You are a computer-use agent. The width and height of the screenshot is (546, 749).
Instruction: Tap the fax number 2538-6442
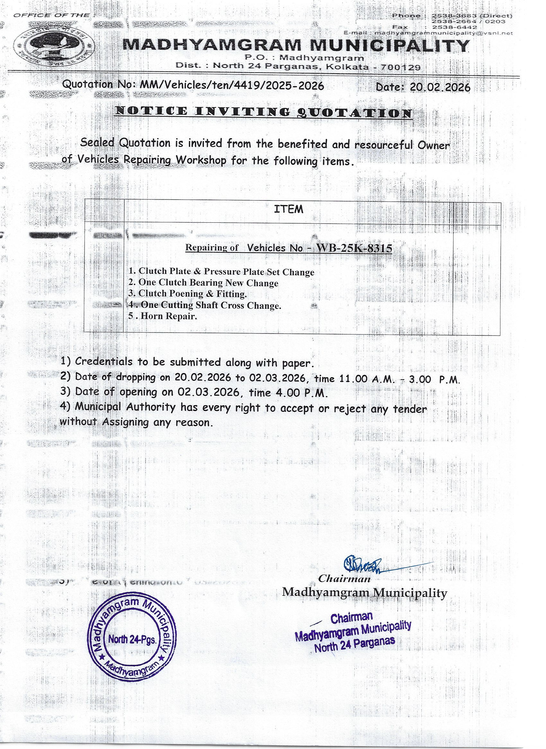coord(455,27)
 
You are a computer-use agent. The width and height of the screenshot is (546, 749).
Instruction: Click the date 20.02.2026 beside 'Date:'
coord(440,87)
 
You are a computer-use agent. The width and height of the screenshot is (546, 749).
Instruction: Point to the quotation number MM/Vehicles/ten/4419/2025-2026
coord(232,85)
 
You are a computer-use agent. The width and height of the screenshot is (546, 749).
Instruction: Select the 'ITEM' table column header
coord(288,209)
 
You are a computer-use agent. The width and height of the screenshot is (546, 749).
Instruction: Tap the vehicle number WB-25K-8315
coord(354,248)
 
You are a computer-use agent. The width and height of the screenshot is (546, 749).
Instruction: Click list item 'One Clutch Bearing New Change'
coord(208,283)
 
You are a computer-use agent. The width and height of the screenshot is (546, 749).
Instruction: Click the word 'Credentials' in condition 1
coord(103,361)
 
